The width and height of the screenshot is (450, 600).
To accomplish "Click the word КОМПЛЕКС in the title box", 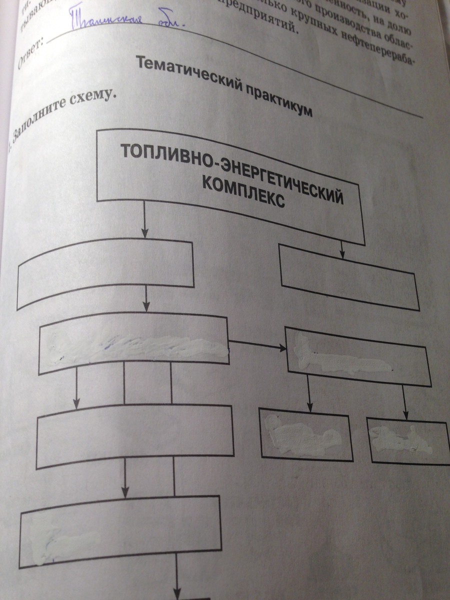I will tap(243, 194).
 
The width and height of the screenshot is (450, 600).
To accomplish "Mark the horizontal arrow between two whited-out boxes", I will tap(256, 343).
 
